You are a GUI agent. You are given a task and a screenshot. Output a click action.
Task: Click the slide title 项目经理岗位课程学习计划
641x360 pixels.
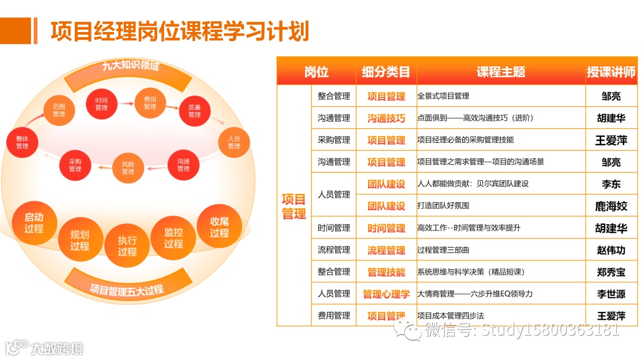tap(180, 31)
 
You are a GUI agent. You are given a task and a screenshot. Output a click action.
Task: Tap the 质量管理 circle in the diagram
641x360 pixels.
tap(195, 111)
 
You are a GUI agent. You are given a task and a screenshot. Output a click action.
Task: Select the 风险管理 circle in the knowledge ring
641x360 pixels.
tap(128, 168)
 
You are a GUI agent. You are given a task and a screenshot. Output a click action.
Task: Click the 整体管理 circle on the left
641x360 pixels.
tap(22, 142)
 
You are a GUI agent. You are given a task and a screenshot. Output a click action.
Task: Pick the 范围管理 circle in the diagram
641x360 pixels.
tap(59, 110)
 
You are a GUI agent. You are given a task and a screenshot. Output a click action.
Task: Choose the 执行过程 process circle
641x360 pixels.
tap(127, 246)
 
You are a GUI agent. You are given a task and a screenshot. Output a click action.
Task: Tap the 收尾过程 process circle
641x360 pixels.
tap(219, 227)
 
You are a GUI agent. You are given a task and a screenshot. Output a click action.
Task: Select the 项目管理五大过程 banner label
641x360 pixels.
tap(126, 290)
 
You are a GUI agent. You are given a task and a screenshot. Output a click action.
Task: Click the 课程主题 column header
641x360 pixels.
tap(500, 72)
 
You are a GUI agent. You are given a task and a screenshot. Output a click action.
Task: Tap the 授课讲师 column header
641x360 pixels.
tap(611, 72)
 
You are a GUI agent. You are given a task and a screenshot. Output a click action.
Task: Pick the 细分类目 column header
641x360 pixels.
tap(386, 72)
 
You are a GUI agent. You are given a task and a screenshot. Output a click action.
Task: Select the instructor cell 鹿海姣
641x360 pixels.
tap(611, 206)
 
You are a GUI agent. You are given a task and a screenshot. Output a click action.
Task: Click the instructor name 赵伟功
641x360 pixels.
tap(611, 250)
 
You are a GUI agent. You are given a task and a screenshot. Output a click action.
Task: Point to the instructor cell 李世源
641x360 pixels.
tap(611, 294)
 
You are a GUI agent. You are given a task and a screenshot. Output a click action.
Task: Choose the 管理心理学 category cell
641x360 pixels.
tap(386, 294)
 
